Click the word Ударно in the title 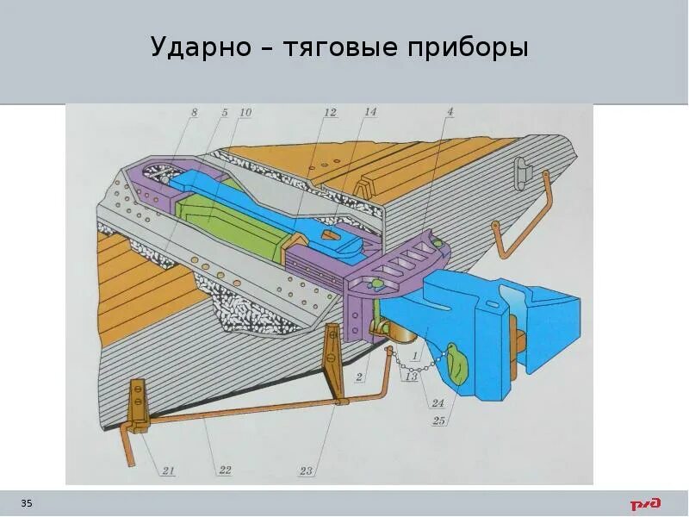click(x=199, y=48)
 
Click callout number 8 click(x=195, y=112)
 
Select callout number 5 click(x=223, y=112)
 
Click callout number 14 click(x=370, y=112)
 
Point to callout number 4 click(x=450, y=112)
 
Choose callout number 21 click(x=168, y=470)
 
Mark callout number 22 click(x=225, y=470)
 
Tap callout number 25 click(x=440, y=422)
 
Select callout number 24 click(x=438, y=402)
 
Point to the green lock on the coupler click(x=456, y=368)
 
